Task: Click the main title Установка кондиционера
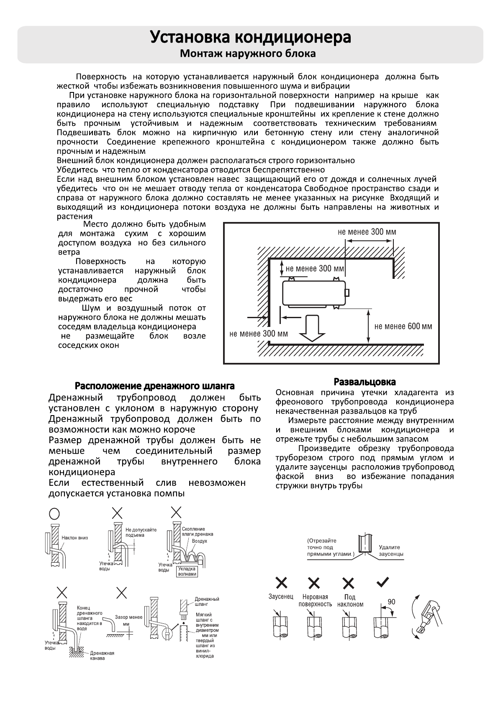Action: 250,37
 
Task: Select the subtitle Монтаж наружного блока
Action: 248,54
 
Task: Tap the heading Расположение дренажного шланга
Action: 154,385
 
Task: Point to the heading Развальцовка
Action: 365,382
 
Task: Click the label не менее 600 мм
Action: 403,326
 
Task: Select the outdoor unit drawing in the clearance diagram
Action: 314,294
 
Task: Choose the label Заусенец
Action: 281,596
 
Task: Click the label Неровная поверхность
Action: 315,600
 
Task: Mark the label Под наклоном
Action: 350,601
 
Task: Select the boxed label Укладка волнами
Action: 187,571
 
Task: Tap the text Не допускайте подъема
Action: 141,532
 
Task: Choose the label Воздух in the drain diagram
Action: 199,541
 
